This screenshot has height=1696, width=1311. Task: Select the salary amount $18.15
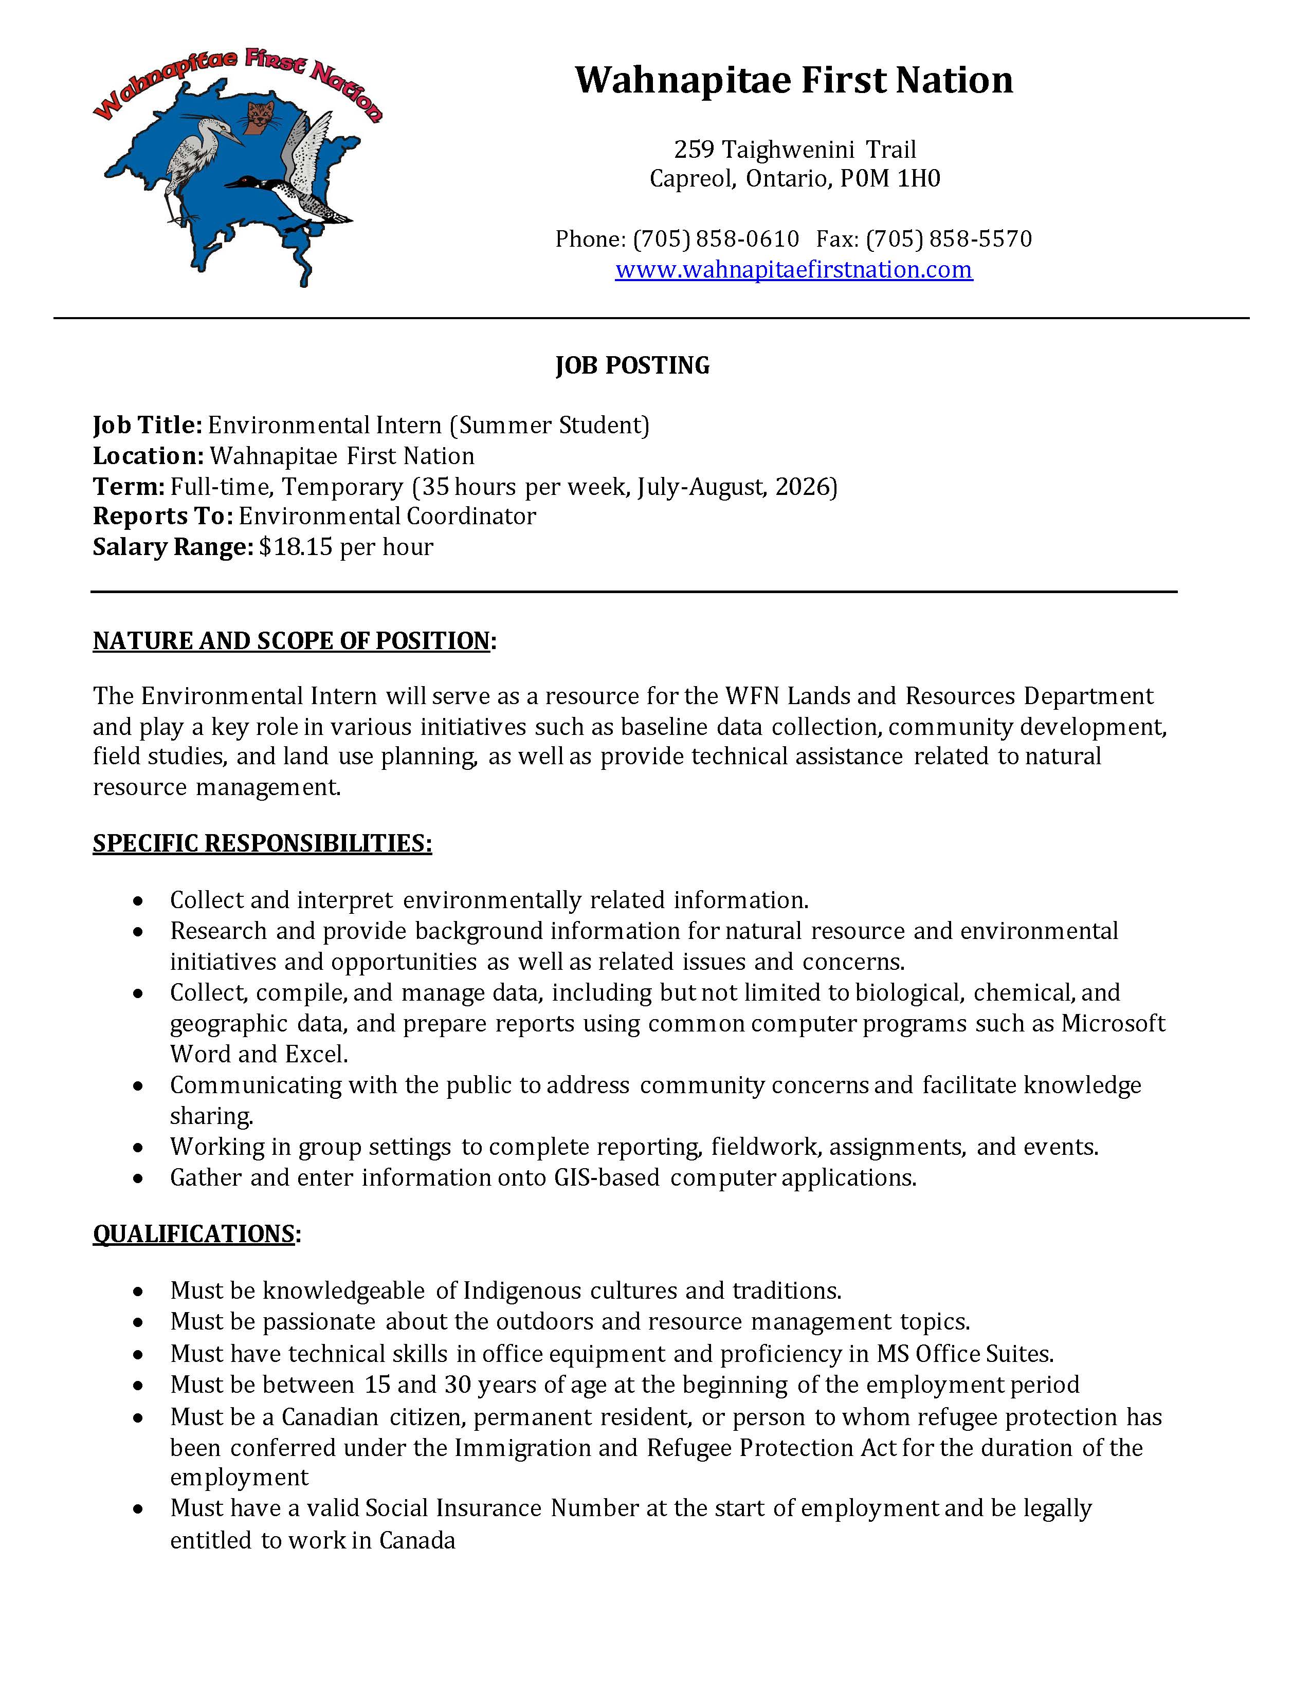coord(296,547)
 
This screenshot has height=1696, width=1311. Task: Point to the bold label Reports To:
coord(162,517)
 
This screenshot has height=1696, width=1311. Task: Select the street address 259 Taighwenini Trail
coord(794,149)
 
